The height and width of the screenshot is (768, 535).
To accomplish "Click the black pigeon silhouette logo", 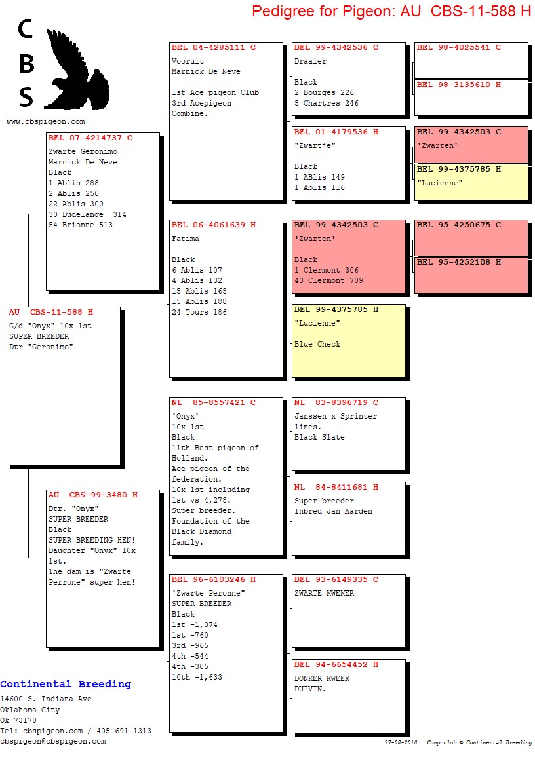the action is (77, 69).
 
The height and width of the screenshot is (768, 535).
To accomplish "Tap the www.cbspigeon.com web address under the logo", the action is (45, 121).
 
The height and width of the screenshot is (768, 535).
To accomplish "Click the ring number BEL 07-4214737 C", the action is (90, 138).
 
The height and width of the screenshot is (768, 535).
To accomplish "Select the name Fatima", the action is (185, 239).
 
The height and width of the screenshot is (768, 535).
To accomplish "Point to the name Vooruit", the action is (188, 61).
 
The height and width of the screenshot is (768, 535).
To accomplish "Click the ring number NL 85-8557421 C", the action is (214, 402).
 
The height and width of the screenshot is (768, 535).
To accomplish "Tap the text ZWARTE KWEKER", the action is (325, 592).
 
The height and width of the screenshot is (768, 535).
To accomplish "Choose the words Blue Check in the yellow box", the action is (317, 344).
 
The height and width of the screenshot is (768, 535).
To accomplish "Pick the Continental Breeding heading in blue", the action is (66, 683).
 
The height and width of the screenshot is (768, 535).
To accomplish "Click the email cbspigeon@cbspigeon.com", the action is (53, 741).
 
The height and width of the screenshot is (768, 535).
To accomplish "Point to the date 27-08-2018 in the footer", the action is (401, 742).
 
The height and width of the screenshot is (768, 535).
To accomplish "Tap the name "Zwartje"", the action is (315, 145).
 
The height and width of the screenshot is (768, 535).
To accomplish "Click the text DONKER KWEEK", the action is (323, 678).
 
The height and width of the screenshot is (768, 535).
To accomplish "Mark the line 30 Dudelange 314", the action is (87, 214).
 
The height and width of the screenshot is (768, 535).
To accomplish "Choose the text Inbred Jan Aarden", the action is (333, 511).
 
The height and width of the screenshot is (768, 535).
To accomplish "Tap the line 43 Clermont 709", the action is (328, 280).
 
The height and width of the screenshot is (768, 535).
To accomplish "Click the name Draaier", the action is (310, 61).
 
